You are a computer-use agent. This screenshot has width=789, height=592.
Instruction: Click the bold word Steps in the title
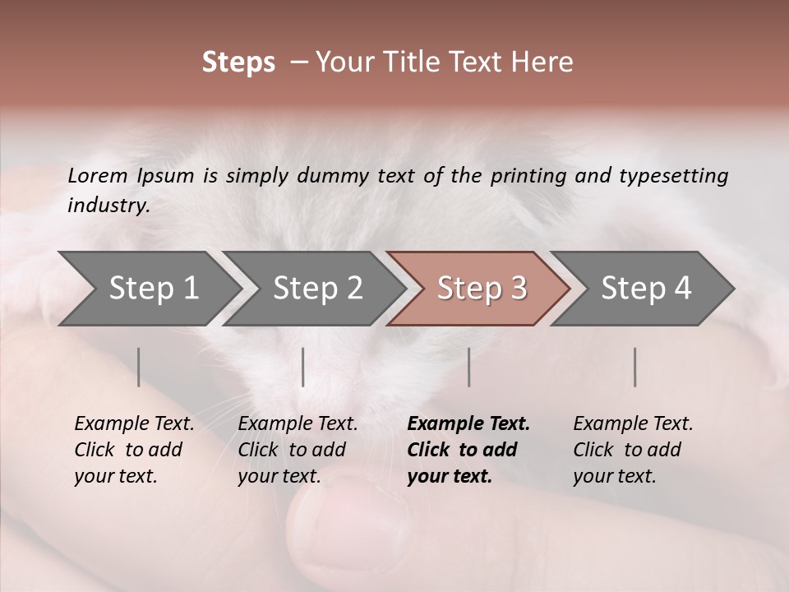pyautogui.click(x=238, y=62)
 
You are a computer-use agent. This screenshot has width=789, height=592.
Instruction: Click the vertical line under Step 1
pyautogui.click(x=139, y=367)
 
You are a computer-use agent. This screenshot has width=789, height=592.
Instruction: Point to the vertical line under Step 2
pyautogui.click(x=303, y=367)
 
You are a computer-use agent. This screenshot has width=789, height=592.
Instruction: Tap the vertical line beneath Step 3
pyautogui.click(x=469, y=367)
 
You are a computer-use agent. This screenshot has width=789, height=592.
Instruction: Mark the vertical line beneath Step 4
pyautogui.click(x=635, y=367)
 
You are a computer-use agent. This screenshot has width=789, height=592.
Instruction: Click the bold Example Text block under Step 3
pyautogui.click(x=468, y=450)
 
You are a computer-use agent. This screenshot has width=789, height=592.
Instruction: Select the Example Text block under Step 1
pyautogui.click(x=134, y=450)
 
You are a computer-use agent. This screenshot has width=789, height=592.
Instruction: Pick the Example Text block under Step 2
pyautogui.click(x=298, y=450)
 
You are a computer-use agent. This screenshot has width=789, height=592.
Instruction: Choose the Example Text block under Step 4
pyautogui.click(x=633, y=450)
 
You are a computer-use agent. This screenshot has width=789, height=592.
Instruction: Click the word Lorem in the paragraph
pyautogui.click(x=98, y=175)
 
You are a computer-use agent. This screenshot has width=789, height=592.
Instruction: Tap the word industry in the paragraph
pyautogui.click(x=108, y=205)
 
